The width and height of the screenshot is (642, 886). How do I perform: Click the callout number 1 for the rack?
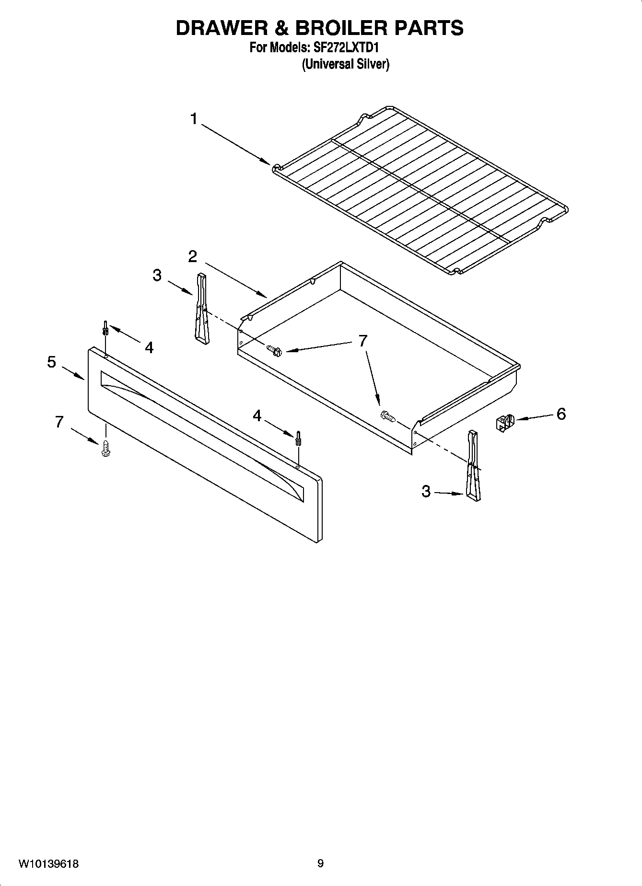tap(194, 118)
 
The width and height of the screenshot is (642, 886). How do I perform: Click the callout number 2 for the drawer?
tap(192, 257)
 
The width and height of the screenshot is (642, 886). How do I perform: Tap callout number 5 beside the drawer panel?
tap(52, 362)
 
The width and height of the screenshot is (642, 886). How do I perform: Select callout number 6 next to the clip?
tap(561, 414)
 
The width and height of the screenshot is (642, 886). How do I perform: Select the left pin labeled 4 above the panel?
tap(105, 328)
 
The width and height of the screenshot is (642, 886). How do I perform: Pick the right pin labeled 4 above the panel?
tap(298, 437)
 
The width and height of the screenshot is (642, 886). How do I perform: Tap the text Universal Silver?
tap(345, 64)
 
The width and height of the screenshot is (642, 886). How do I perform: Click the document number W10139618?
tap(48, 864)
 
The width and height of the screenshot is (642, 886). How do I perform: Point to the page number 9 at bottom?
tap(320, 864)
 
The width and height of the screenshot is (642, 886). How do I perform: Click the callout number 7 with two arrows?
tap(363, 341)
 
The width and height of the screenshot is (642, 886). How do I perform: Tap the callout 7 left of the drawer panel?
tap(59, 422)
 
